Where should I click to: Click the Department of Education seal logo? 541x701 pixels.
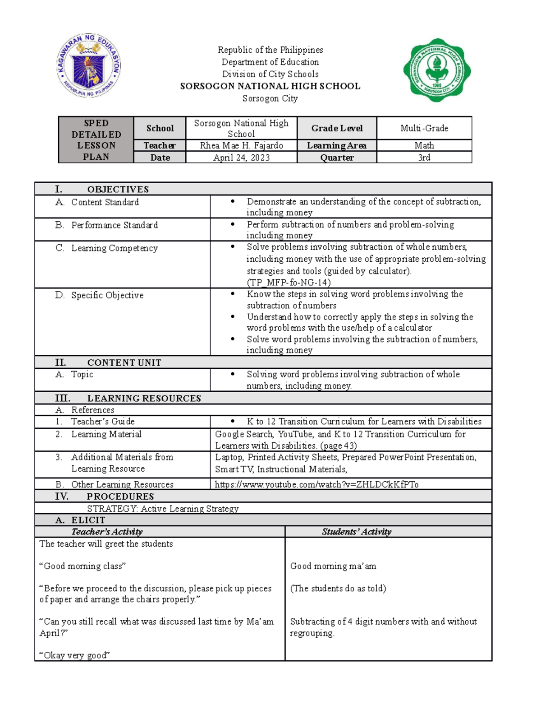click(x=89, y=66)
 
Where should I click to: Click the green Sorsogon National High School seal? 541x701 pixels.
click(x=437, y=70)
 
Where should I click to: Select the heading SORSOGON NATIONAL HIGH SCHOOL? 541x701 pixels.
click(x=270, y=86)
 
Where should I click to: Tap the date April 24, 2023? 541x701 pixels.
click(x=241, y=158)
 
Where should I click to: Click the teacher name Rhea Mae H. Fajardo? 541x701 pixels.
click(x=241, y=145)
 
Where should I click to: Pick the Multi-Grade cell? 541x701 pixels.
click(x=424, y=128)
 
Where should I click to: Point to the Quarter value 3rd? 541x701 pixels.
click(x=424, y=158)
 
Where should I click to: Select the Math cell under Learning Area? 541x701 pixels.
click(x=424, y=145)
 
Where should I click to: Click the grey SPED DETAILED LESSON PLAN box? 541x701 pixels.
click(x=96, y=140)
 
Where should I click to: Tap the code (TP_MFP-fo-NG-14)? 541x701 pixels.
click(x=289, y=283)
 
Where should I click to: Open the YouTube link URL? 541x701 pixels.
click(x=316, y=484)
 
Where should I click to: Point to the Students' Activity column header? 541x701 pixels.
click(x=357, y=532)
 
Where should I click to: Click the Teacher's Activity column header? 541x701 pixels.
click(x=107, y=532)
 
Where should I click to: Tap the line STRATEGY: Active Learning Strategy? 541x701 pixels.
click(x=163, y=509)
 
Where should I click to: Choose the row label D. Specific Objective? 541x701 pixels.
click(x=107, y=295)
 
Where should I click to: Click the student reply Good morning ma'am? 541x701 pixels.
click(x=333, y=566)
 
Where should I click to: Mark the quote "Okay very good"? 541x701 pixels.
click(x=75, y=655)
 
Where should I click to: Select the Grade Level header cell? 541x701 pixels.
click(x=337, y=128)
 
